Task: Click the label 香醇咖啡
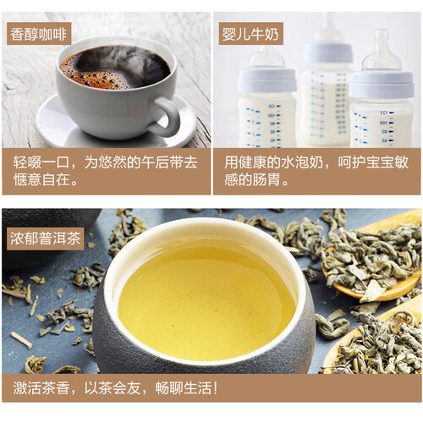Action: click(x=37, y=34)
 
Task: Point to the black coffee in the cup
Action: click(x=114, y=66)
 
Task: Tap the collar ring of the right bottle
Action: click(x=382, y=84)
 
